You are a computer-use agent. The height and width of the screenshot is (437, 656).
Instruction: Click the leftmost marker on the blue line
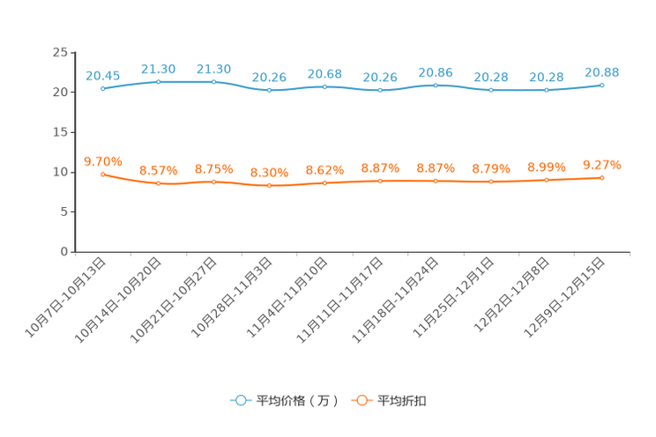[103, 88]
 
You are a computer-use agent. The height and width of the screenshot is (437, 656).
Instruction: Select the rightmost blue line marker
[602, 85]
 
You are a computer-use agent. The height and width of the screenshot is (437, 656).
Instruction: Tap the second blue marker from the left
[159, 82]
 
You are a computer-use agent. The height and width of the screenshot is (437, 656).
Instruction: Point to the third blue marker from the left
[214, 82]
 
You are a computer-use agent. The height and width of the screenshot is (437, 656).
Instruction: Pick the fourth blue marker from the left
[269, 90]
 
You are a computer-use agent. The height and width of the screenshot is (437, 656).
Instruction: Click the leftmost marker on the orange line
[103, 174]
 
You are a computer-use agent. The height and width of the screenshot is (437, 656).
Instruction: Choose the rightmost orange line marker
[602, 178]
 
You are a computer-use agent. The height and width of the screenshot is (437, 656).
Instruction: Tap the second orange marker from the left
[159, 184]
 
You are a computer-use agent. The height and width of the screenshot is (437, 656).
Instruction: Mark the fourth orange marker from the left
[269, 186]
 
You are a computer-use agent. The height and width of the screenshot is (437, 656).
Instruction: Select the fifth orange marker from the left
[324, 183]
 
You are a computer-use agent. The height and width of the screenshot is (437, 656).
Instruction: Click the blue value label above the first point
[103, 75]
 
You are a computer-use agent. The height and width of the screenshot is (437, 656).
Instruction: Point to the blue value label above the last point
[602, 71]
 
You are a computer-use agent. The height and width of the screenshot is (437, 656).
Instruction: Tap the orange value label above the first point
[103, 160]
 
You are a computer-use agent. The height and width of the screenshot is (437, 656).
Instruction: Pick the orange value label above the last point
[602, 165]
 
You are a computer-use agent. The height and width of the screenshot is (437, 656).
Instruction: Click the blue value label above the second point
[159, 68]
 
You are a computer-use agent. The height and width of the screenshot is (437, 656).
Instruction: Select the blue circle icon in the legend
[239, 400]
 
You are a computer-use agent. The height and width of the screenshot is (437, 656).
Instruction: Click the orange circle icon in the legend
[360, 400]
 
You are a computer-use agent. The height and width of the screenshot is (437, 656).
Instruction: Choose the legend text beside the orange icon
[402, 401]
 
